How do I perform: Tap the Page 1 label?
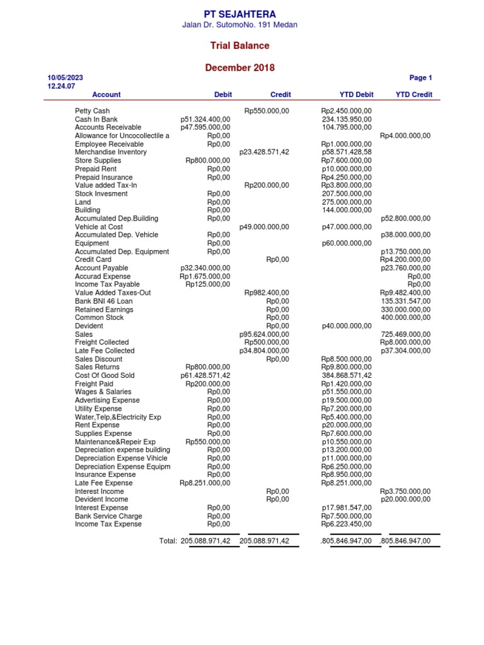pos(420,78)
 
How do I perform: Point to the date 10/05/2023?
pos(66,78)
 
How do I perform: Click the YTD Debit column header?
pos(356,94)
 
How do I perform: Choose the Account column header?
pos(107,94)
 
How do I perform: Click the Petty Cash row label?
pos(92,111)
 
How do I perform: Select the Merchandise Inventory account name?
pos(110,152)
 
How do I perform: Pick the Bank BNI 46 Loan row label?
pos(104,301)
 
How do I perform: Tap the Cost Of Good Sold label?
pos(105,375)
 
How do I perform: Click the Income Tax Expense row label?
pos(108,524)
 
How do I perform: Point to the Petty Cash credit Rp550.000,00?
pos(267,111)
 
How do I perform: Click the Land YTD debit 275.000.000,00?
pos(347,202)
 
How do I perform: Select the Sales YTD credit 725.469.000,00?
pos(406,334)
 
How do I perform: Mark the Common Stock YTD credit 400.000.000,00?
pos(406,317)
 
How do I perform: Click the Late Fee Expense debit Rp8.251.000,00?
pos(205,483)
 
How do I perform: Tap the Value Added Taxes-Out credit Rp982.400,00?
pos(267,293)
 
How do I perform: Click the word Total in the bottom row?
pos(168,541)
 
